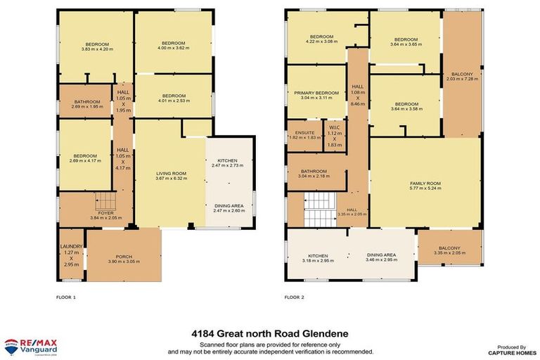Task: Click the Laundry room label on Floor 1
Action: (71, 257)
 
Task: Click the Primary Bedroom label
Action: (316, 95)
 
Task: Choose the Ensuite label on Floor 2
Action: (304, 135)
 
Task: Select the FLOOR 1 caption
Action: (65, 297)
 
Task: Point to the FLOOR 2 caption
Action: (294, 297)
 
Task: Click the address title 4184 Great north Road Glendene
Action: (269, 333)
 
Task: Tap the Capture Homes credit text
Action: (507, 349)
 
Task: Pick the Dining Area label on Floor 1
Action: (229, 208)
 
